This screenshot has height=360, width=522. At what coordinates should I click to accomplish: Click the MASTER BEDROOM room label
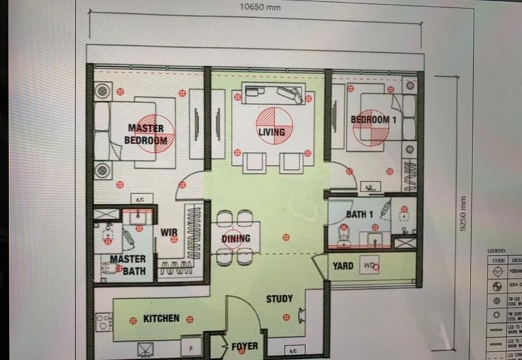tap(147, 134)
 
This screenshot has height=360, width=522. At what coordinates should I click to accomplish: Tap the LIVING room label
tap(271, 132)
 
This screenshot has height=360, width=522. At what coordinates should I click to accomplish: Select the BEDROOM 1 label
tap(373, 120)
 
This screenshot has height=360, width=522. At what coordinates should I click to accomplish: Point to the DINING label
tap(236, 238)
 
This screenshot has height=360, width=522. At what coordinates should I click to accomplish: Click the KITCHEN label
tap(161, 318)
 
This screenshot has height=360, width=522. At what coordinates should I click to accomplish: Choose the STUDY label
tap(279, 299)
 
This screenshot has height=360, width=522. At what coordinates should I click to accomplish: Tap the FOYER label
tap(244, 346)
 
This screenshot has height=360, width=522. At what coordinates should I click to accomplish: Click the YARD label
tap(343, 266)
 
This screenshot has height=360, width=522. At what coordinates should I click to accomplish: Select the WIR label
tap(170, 232)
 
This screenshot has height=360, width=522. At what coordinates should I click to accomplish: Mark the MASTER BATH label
tap(127, 263)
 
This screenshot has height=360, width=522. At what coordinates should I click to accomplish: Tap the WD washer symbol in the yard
tap(369, 266)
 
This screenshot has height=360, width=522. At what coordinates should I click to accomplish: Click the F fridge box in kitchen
tap(191, 347)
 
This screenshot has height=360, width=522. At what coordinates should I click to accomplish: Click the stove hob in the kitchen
tap(104, 322)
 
